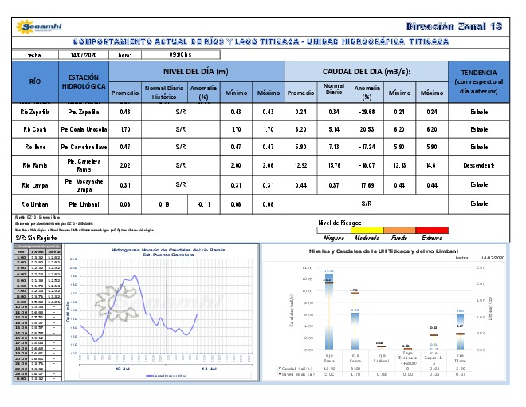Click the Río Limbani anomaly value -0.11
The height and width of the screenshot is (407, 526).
coord(203,204)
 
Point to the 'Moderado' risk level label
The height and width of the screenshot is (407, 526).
coord(366,238)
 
